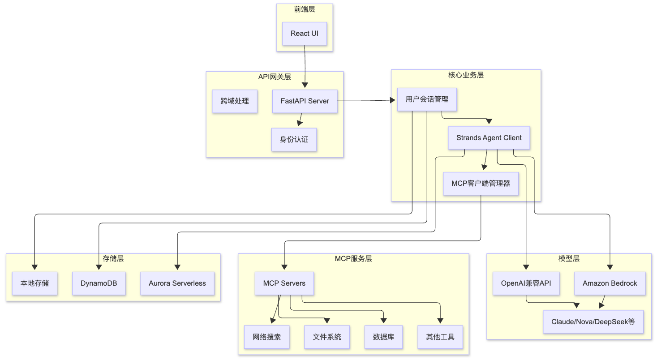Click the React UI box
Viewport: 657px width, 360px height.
[x=305, y=34]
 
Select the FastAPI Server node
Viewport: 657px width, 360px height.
[x=305, y=101]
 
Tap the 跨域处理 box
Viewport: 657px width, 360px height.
[x=235, y=101]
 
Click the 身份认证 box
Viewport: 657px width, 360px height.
[x=294, y=139]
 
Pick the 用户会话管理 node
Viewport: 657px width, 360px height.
[x=427, y=99]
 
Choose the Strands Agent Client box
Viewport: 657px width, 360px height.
[x=489, y=138]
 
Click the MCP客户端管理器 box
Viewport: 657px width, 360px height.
[x=481, y=184]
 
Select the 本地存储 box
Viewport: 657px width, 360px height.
[x=35, y=283]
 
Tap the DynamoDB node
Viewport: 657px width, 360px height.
[x=99, y=283]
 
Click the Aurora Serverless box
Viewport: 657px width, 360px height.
[x=177, y=283]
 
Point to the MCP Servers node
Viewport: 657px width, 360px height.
[x=284, y=283]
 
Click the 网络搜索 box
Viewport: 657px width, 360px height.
[x=267, y=337]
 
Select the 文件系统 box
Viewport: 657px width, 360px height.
[x=327, y=337]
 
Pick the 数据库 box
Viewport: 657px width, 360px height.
[x=383, y=337]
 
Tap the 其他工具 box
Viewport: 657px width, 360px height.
[x=440, y=337]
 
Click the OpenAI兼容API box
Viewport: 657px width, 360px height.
[x=526, y=283]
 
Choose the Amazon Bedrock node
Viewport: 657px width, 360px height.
[x=610, y=283]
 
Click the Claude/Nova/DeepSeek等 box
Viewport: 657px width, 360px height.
[x=593, y=322]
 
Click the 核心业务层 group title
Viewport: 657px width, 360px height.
[x=466, y=75]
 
